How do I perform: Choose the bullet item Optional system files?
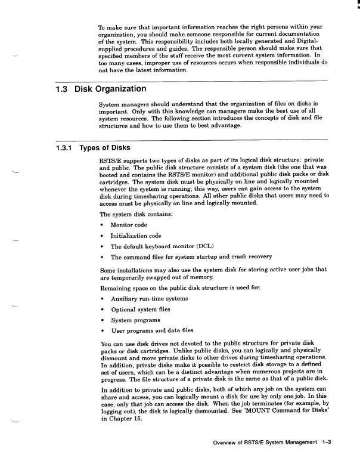[x=140, y=309]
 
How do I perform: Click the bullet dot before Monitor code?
[x=104, y=225]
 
